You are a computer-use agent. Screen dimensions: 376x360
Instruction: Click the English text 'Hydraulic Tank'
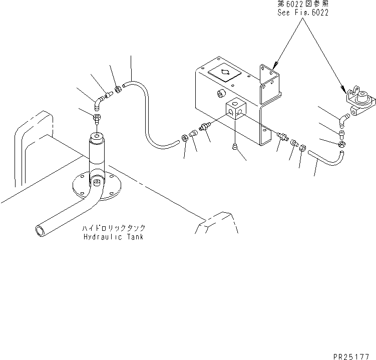point(114,237)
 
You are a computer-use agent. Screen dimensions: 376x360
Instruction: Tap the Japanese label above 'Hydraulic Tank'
point(114,228)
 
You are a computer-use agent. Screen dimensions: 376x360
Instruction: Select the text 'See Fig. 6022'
point(303,13)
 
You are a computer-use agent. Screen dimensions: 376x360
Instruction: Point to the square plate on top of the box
point(224,73)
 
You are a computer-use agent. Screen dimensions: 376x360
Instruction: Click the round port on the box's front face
point(221,94)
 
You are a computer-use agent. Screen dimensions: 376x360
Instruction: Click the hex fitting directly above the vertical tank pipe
point(97,119)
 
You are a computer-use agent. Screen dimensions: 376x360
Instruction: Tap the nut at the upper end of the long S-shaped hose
point(118,90)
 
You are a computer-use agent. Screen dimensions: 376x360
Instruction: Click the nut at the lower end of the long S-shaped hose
point(184,138)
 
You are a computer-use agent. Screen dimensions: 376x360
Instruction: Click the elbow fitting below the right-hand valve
point(343,120)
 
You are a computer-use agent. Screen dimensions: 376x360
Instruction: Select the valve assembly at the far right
point(359,100)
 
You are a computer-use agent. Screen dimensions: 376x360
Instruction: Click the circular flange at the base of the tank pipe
point(97,186)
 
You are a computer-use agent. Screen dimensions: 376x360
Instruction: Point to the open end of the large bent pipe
point(40,231)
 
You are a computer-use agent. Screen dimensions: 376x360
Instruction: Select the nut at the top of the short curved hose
point(341,144)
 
